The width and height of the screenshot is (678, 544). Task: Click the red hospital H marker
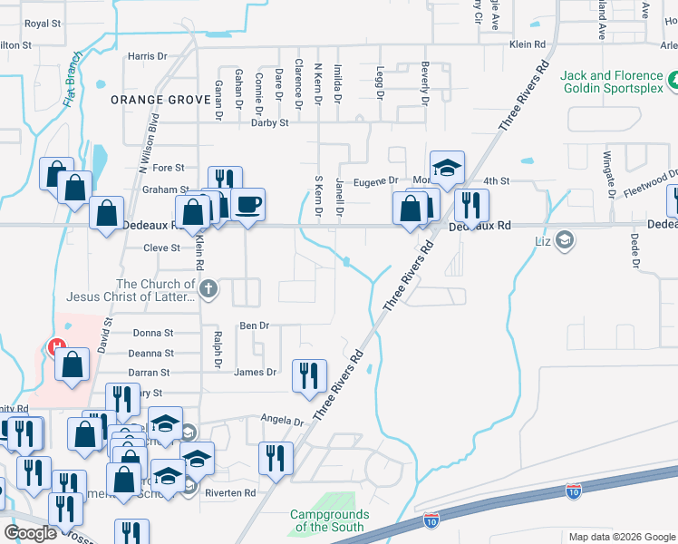point(55,346)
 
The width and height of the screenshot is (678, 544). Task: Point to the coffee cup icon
point(247,203)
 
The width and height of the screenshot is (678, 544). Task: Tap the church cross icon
point(209,289)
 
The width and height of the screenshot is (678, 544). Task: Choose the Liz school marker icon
point(565,240)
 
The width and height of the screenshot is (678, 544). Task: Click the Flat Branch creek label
point(73,79)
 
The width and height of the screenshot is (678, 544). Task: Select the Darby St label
point(269,122)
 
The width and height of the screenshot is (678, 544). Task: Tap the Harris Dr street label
point(148,56)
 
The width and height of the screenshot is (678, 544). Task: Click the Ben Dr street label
point(254,325)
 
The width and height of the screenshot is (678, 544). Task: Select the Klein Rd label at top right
point(528,44)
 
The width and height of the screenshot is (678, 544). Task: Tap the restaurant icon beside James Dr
point(309,374)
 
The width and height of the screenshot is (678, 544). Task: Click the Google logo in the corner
point(30,533)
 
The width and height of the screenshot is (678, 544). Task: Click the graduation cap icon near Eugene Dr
point(447,167)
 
